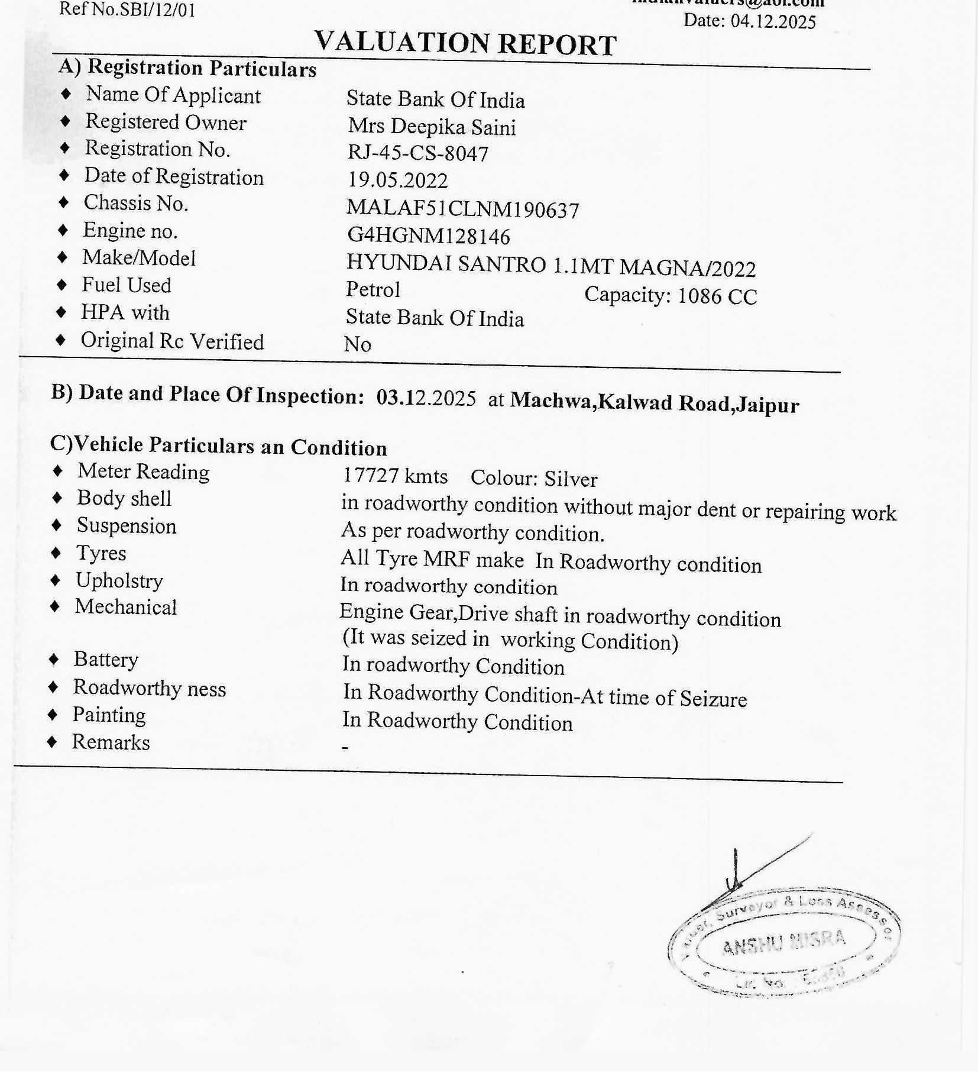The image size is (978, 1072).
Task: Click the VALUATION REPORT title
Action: pyautogui.click(x=465, y=43)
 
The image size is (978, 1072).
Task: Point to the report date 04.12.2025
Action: pyautogui.click(x=773, y=21)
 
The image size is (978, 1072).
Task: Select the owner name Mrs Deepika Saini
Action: pyautogui.click(x=432, y=127)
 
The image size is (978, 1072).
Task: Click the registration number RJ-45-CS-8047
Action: pyautogui.click(x=417, y=153)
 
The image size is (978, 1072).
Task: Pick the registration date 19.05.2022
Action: pyautogui.click(x=397, y=180)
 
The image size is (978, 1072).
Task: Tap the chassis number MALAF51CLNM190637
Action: pyautogui.click(x=462, y=209)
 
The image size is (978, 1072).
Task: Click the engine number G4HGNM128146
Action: pyautogui.click(x=428, y=235)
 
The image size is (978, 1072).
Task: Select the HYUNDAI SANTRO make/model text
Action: pyautogui.click(x=550, y=266)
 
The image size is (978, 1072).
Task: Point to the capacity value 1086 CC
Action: pyautogui.click(x=717, y=296)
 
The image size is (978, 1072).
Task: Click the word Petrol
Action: pyautogui.click(x=373, y=289)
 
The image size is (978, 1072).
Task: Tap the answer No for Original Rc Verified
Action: pyautogui.click(x=357, y=344)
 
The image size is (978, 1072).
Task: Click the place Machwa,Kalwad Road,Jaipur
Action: pyautogui.click(x=655, y=403)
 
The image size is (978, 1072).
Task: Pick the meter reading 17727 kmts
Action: pyautogui.click(x=395, y=476)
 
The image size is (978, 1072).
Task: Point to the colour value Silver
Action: pyautogui.click(x=571, y=479)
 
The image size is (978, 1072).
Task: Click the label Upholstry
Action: pyautogui.click(x=119, y=580)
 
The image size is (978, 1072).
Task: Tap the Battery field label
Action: pyautogui.click(x=106, y=659)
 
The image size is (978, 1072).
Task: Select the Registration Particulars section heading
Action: pyautogui.click(x=201, y=68)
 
